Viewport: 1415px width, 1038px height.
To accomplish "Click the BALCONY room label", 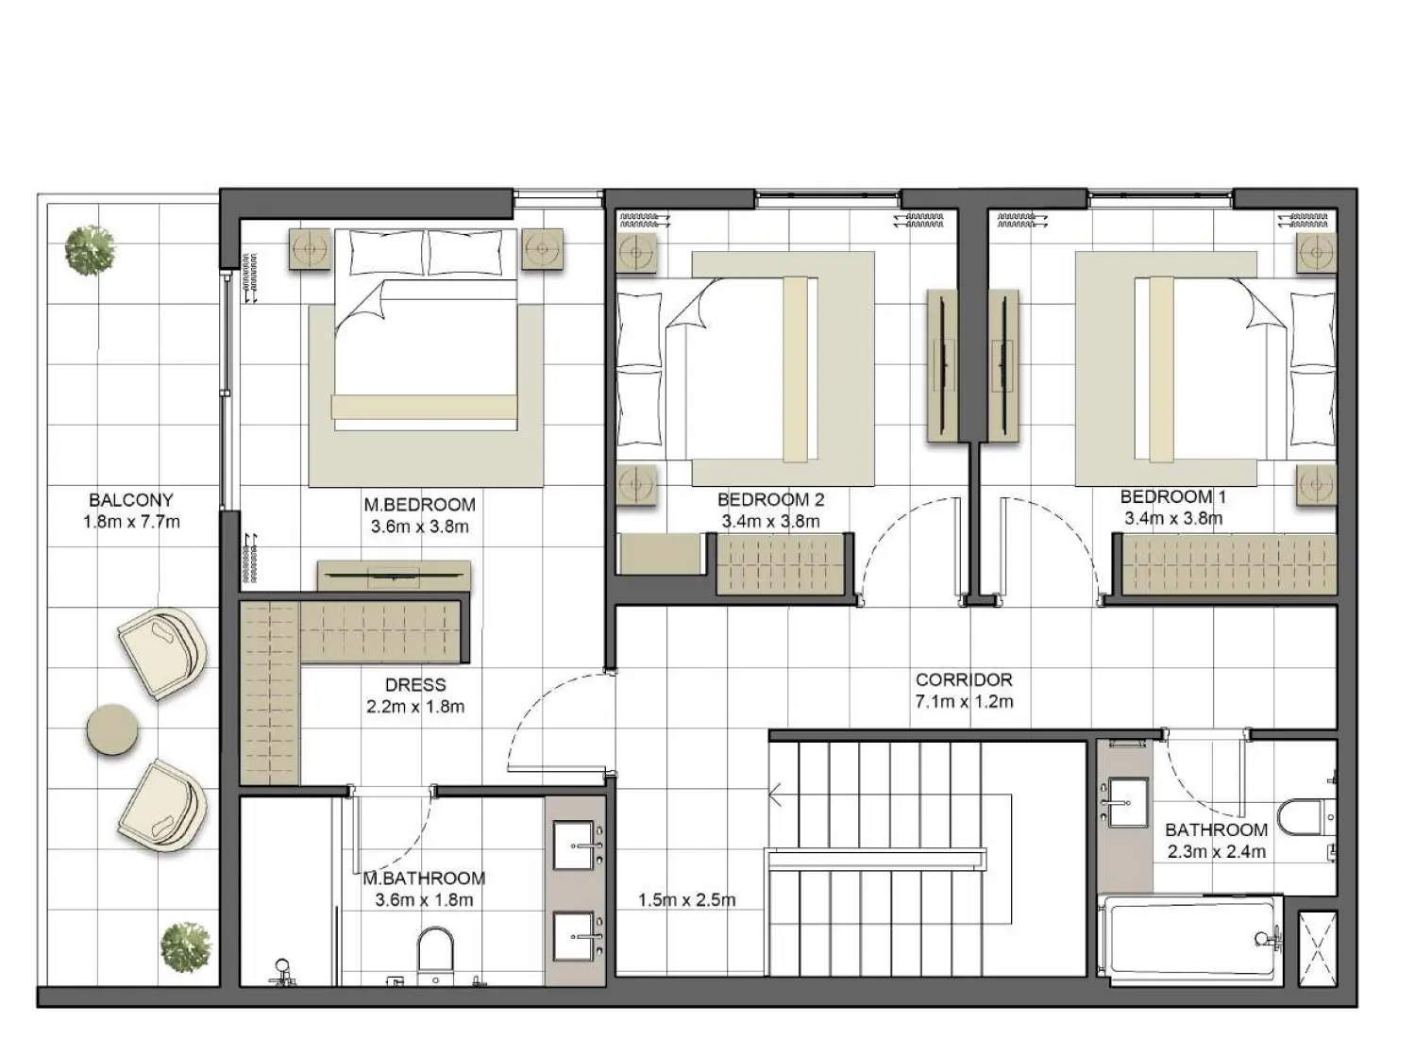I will click(130, 500).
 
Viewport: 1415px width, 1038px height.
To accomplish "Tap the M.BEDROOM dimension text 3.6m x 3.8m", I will click(419, 527).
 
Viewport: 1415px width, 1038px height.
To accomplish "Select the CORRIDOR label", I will click(964, 679).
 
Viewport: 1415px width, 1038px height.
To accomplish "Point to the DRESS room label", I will click(415, 685).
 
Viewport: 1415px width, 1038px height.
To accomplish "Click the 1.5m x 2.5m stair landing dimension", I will click(686, 900).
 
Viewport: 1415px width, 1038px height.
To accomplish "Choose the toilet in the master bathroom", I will click(435, 951).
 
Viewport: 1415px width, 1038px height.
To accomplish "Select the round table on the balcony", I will click(113, 729).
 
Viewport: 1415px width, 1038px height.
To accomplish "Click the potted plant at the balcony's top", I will click(91, 250).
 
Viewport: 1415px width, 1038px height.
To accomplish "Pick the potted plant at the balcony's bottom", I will click(185, 946).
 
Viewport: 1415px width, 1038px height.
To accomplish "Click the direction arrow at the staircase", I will click(776, 796).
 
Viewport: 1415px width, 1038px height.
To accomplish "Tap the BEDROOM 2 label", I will click(770, 499).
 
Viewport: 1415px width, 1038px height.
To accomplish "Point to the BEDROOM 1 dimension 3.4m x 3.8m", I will click(1173, 518).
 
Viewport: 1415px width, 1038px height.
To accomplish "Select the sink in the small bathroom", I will click(1126, 803).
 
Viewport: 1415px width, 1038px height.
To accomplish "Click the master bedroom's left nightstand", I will click(310, 250).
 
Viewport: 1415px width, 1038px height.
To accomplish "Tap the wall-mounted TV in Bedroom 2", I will click(942, 364).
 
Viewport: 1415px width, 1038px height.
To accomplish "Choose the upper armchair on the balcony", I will click(162, 652).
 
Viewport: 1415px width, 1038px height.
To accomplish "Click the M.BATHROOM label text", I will click(424, 879).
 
